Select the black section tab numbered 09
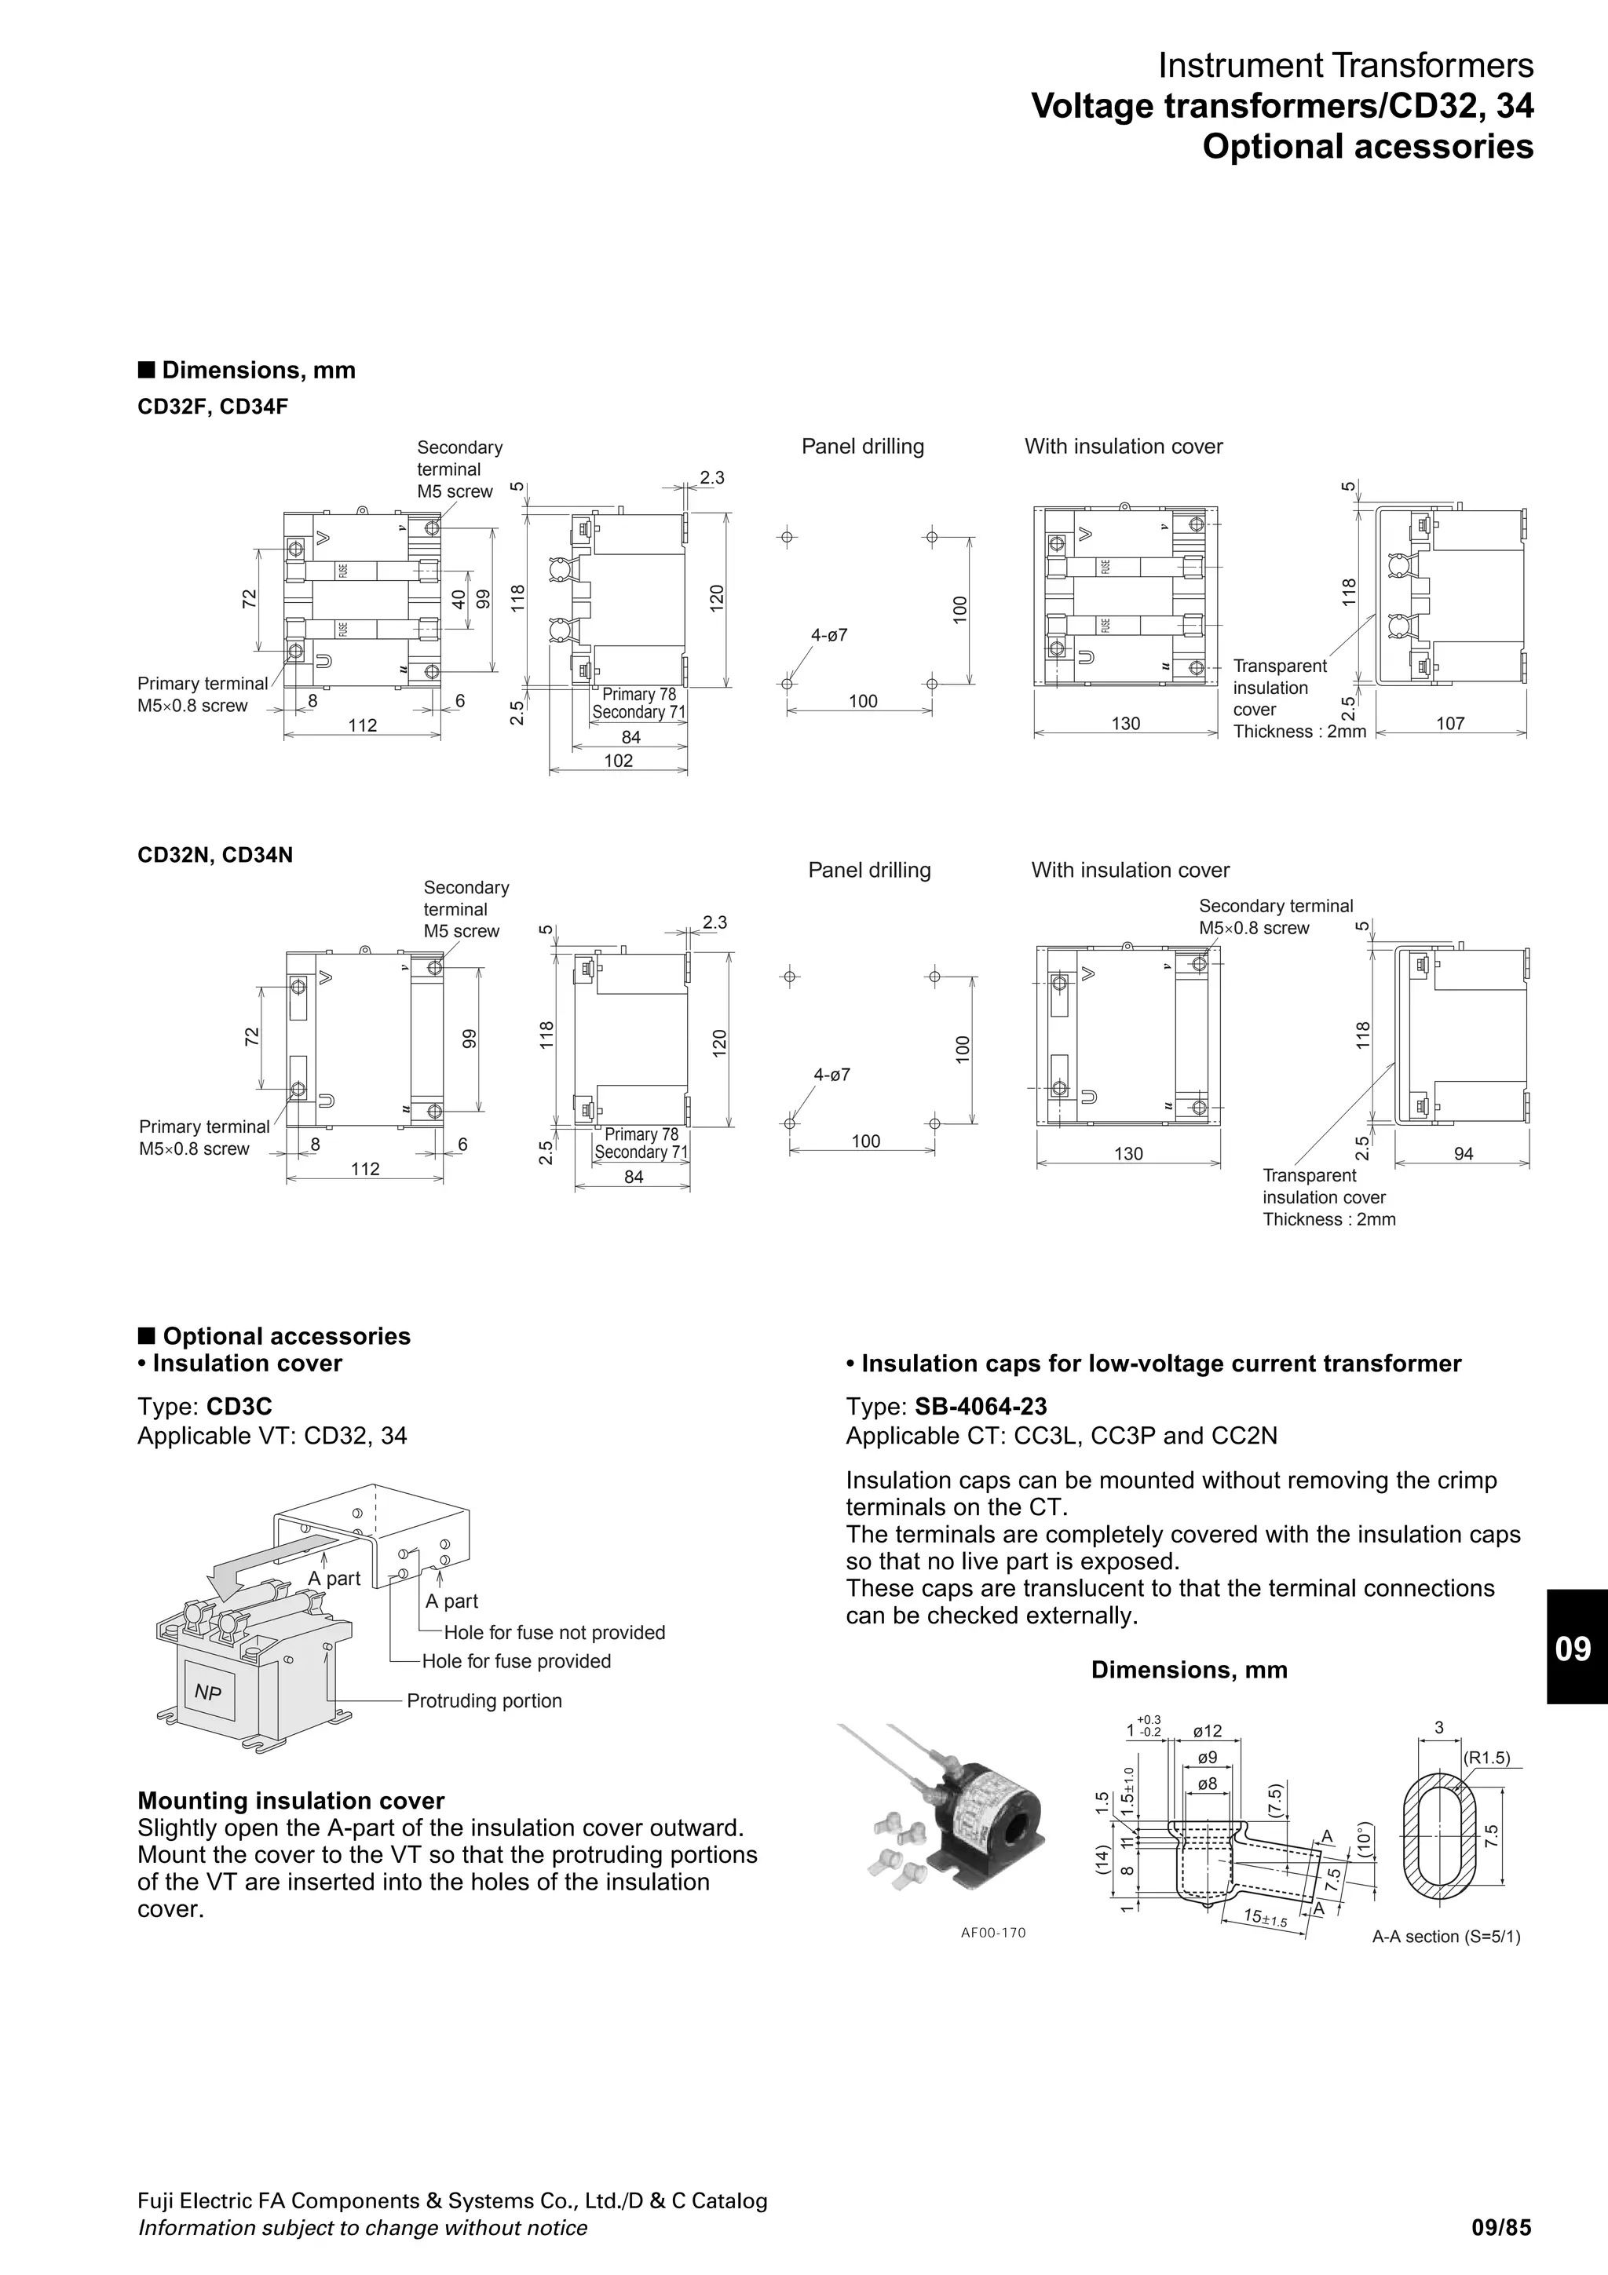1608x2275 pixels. (1575, 1648)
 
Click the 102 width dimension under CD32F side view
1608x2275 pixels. (618, 761)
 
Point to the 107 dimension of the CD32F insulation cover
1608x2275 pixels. (1449, 723)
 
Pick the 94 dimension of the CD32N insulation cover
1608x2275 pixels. (1463, 1153)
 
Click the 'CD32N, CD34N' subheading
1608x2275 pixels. (215, 854)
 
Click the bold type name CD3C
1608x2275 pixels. (239, 1407)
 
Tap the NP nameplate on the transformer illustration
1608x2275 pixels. (208, 1693)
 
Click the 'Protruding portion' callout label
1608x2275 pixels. (484, 1700)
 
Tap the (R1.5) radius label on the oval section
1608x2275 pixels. (1486, 1758)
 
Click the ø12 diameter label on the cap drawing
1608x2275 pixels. (1207, 1731)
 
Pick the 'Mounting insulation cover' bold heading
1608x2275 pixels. (291, 1800)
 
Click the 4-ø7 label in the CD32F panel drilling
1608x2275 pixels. (830, 635)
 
